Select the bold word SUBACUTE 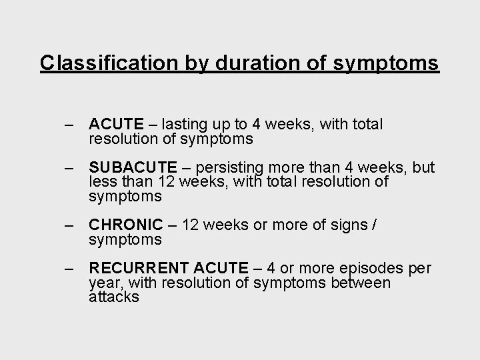(133, 167)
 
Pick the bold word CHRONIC (125, 225)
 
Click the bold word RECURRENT (139, 269)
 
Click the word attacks (114, 297)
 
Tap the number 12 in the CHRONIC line (190, 225)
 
